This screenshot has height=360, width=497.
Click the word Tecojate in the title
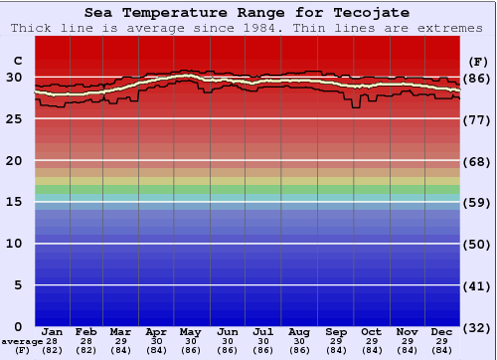pos(375,13)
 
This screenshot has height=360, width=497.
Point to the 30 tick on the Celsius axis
pos(14,78)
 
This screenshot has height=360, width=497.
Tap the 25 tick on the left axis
pos(14,119)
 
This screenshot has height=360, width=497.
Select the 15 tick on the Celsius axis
pos(14,202)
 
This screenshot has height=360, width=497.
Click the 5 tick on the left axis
pos(18,285)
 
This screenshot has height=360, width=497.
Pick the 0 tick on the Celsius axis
pos(18,326)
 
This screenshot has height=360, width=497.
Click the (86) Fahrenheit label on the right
pos(477,78)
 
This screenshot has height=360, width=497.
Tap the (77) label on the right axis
pos(477,119)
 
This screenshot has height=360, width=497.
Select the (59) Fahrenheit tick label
pos(477,202)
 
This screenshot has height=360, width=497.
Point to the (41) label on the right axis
pos(477,285)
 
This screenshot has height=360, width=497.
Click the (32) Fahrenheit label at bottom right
pos(477,327)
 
